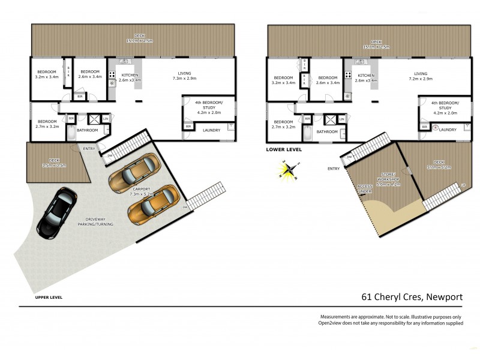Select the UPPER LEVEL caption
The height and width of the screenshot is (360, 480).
(x=49, y=297)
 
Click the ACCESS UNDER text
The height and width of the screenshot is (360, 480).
(x=365, y=188)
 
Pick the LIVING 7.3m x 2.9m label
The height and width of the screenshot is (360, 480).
(x=184, y=76)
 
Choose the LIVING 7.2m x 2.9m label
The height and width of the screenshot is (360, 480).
(x=420, y=76)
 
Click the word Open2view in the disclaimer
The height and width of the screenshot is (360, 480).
(x=332, y=323)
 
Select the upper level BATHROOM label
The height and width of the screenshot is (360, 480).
(x=87, y=130)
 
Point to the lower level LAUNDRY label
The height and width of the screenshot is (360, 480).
(x=448, y=130)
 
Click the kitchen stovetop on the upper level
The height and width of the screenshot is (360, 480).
(x=112, y=75)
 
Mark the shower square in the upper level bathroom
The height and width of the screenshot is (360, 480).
(x=94, y=119)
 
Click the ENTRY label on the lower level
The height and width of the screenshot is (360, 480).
(x=334, y=169)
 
